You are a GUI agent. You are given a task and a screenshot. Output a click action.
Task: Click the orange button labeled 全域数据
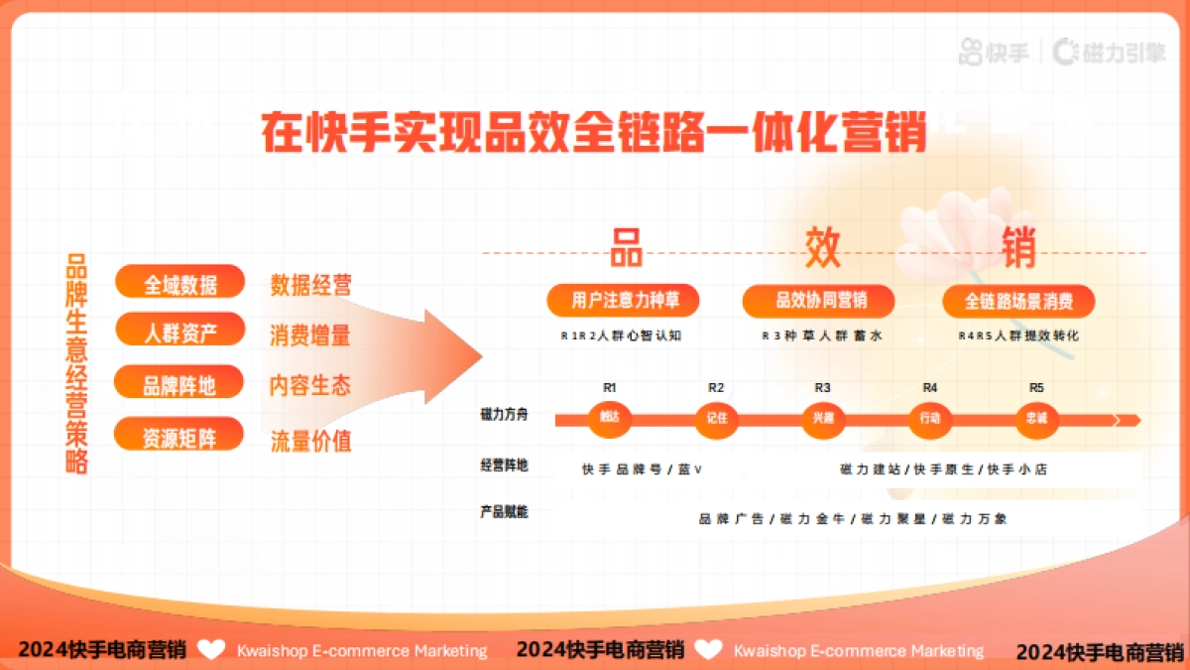click(x=180, y=283)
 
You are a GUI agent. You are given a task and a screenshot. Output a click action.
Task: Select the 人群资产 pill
click(x=180, y=332)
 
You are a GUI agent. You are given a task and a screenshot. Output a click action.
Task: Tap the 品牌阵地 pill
click(x=179, y=384)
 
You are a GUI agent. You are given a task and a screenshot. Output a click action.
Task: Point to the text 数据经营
click(x=310, y=286)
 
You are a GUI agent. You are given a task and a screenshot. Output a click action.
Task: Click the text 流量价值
click(x=310, y=440)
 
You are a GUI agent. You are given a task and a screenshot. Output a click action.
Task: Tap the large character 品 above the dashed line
click(x=626, y=247)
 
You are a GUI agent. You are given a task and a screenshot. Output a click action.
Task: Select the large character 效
click(x=822, y=247)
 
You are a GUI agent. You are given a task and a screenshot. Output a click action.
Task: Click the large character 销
click(x=1018, y=247)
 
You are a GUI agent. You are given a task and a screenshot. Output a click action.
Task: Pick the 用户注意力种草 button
click(x=622, y=300)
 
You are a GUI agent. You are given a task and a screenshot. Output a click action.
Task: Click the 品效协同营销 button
click(x=821, y=300)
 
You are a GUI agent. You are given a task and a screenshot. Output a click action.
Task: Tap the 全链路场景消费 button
click(x=1018, y=300)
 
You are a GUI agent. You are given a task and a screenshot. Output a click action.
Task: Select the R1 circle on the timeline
click(x=610, y=418)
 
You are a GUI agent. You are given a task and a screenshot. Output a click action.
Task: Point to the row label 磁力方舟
click(x=504, y=415)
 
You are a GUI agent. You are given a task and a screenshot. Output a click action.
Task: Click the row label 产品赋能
click(x=504, y=512)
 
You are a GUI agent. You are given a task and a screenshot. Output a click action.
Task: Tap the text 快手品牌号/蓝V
click(x=642, y=469)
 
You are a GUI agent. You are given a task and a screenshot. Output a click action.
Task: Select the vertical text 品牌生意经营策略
click(x=76, y=363)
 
